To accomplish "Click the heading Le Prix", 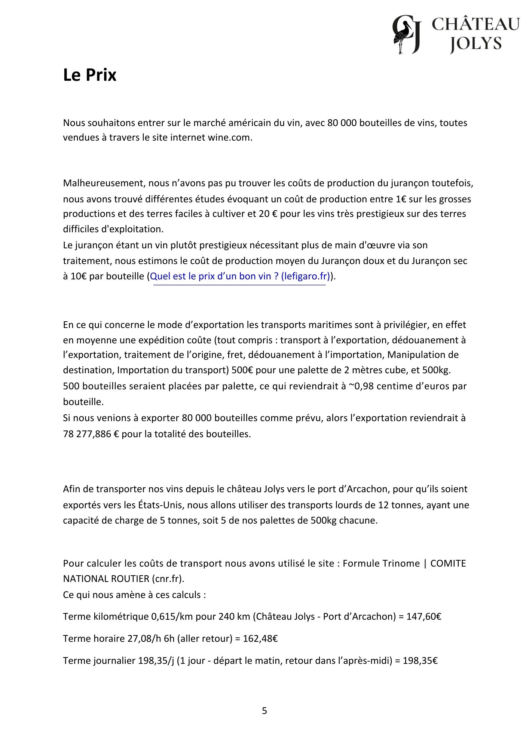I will [x=89, y=75].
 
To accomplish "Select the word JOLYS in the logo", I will [x=476, y=44].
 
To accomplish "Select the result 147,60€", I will [x=424, y=616].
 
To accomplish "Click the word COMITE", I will [x=448, y=563].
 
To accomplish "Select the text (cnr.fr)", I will [x=168, y=579].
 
